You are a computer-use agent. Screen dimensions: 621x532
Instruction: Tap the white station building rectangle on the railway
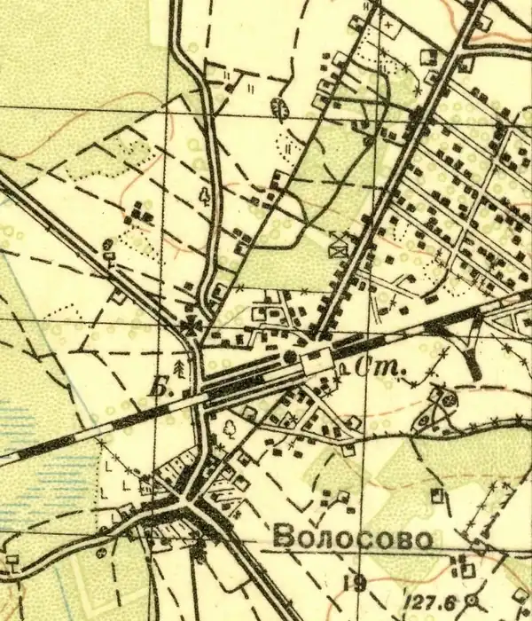click(316, 360)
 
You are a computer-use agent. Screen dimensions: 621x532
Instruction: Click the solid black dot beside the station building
click(290, 357)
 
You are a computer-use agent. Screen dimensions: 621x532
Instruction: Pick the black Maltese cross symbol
click(191, 326)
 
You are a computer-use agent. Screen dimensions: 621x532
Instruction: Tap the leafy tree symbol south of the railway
click(227, 427)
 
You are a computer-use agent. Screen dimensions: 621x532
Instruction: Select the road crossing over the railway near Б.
click(203, 391)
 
